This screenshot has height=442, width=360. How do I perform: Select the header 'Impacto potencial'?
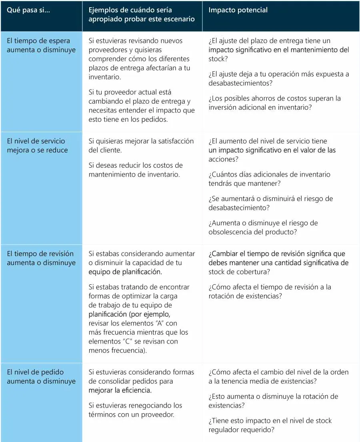tap(238, 10)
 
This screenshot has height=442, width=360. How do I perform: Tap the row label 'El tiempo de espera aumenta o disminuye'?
tap(38, 45)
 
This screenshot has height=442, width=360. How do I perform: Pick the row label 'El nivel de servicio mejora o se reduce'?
tap(37, 145)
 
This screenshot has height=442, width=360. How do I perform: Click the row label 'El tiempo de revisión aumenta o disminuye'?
tap(41, 258)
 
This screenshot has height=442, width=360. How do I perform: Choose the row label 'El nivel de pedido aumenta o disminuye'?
tap(41, 376)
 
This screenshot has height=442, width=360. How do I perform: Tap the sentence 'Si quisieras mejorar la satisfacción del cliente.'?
tap(141, 145)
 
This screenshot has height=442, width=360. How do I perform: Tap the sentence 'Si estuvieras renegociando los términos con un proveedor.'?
tap(135, 410)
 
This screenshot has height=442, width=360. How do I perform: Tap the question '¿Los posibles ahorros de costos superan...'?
tap(274, 102)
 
